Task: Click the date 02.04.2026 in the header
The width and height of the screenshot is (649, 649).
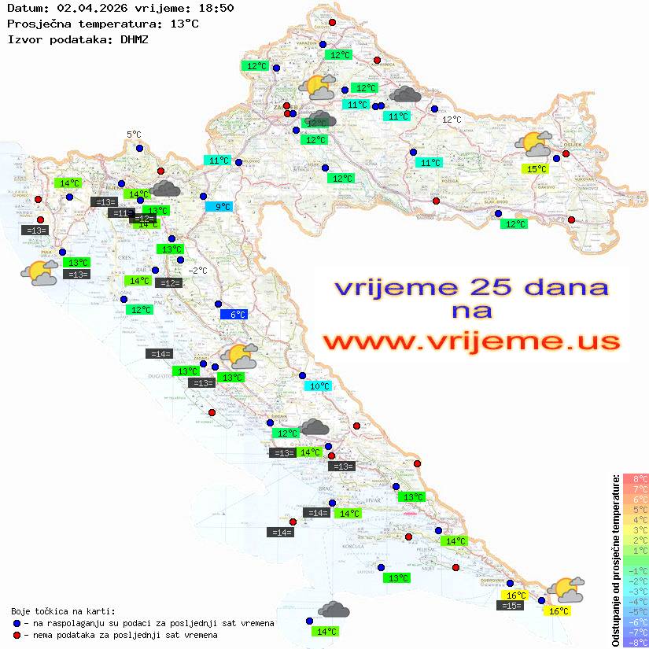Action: pyautogui.click(x=83, y=9)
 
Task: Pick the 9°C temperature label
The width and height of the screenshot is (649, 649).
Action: pyautogui.click(x=219, y=207)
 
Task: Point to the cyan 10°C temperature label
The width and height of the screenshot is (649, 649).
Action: pyautogui.click(x=319, y=386)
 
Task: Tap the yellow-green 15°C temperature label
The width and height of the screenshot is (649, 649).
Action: pyautogui.click(x=537, y=169)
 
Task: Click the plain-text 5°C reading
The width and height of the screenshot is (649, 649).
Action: pyautogui.click(x=134, y=135)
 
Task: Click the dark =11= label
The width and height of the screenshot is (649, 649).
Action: pyautogui.click(x=121, y=213)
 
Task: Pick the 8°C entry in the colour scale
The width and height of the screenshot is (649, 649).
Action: pyautogui.click(x=636, y=478)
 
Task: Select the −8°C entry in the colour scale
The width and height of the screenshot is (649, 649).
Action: pyautogui.click(x=636, y=642)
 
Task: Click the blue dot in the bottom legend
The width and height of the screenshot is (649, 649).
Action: pyautogui.click(x=17, y=623)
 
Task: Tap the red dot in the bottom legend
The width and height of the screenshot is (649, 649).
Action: pyautogui.click(x=17, y=635)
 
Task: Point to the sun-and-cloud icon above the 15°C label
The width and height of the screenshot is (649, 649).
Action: pyautogui.click(x=534, y=145)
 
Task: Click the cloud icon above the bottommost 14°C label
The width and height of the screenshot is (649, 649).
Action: pyautogui.click(x=334, y=610)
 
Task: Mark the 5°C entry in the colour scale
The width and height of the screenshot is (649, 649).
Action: pyautogui.click(x=636, y=509)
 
